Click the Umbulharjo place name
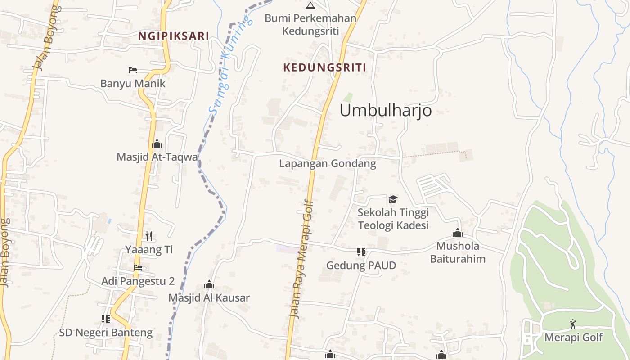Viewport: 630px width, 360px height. tap(386, 110)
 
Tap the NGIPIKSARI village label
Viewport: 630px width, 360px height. tap(173, 36)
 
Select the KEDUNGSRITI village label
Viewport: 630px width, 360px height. tap(324, 67)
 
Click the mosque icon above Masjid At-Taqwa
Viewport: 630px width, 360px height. tap(157, 144)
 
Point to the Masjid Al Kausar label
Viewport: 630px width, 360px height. tap(209, 297)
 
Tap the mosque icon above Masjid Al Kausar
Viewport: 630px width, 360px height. tap(209, 284)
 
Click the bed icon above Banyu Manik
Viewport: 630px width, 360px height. tap(132, 70)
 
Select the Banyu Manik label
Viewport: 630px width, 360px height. tap(133, 83)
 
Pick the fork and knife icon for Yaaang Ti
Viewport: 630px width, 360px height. tap(149, 236)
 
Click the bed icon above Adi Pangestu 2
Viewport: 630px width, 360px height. tap(138, 268)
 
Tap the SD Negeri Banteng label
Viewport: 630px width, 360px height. tap(106, 333)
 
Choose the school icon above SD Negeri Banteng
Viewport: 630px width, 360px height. tap(106, 319)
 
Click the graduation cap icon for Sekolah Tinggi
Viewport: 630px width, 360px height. tap(393, 199)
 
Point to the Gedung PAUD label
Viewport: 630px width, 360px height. tap(361, 265)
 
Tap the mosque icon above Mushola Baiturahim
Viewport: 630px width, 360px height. tap(458, 233)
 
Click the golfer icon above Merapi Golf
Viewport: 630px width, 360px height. tap(573, 324)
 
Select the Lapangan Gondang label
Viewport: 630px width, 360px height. tap(327, 163)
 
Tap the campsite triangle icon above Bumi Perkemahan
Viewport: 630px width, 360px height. tap(310, 5)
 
